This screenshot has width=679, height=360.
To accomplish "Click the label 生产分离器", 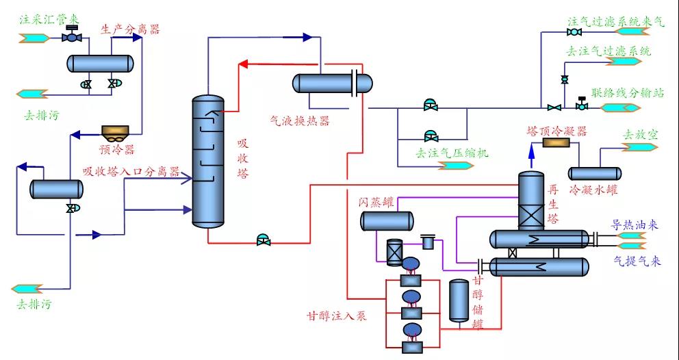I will [x=130, y=29].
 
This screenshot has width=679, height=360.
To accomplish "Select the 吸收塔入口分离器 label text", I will [x=131, y=171].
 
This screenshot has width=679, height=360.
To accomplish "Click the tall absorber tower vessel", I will [x=208, y=162].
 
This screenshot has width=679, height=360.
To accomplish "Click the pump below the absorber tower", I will [x=262, y=240].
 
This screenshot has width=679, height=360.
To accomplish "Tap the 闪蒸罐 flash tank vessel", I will [x=387, y=220].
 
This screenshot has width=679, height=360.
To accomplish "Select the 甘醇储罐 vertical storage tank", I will [x=459, y=300].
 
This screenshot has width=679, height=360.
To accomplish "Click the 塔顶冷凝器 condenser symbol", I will [x=561, y=142].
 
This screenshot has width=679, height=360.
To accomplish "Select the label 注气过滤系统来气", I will [x=615, y=21].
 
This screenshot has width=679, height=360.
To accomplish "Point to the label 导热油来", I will [x=635, y=224].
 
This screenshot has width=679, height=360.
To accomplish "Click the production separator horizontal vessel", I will [x=99, y=63].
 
